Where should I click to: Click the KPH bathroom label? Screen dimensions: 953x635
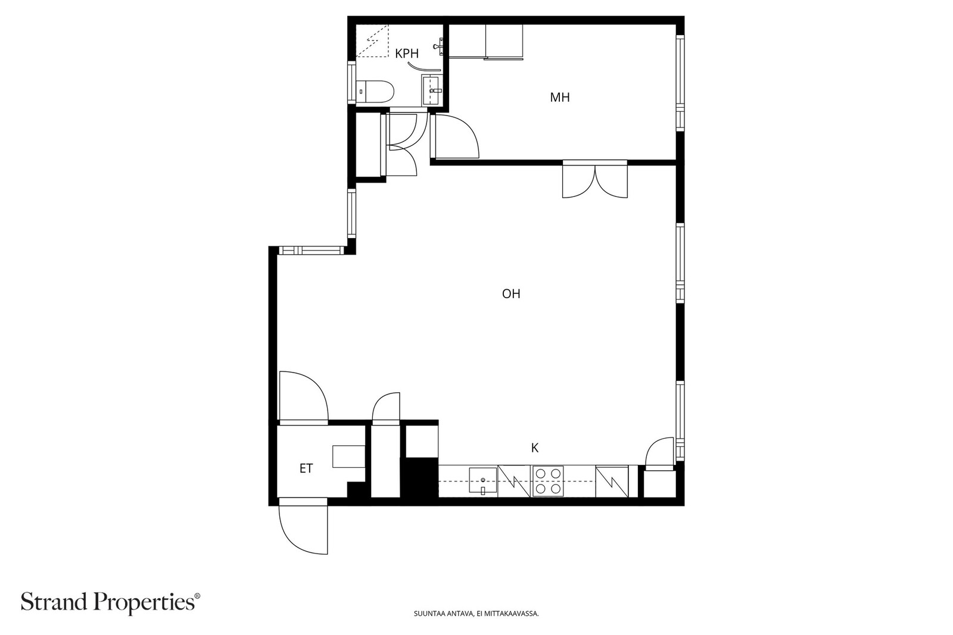[x=407, y=54]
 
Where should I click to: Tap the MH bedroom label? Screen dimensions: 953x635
[x=560, y=98]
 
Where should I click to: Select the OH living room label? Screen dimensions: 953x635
[x=511, y=294]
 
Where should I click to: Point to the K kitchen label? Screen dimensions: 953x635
[x=535, y=448]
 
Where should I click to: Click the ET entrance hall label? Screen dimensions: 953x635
[x=306, y=468]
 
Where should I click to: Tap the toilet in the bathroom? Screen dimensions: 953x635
[x=375, y=92]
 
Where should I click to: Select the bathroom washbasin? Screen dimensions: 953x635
[x=432, y=90]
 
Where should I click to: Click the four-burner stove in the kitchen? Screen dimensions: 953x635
[x=549, y=481]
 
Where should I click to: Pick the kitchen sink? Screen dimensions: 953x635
[x=483, y=481]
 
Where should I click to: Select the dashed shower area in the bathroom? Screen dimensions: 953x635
[x=372, y=41]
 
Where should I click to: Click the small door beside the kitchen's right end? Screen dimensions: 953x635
[x=660, y=453]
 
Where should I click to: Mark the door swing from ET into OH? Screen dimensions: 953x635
[x=303, y=397]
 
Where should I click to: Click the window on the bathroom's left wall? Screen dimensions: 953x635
[x=351, y=82]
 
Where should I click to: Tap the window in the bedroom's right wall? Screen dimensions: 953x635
[x=680, y=82]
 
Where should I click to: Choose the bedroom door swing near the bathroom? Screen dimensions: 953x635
[x=454, y=137]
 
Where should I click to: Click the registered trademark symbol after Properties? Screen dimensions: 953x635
[x=197, y=596]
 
